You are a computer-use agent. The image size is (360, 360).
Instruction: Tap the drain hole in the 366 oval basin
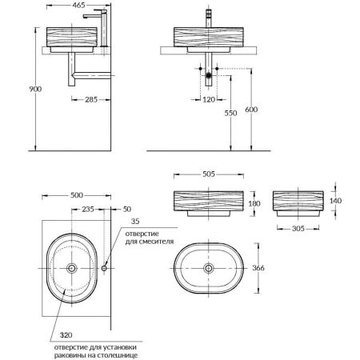tap(209, 269)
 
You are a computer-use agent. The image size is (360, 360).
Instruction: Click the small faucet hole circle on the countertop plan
tap(104, 269)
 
